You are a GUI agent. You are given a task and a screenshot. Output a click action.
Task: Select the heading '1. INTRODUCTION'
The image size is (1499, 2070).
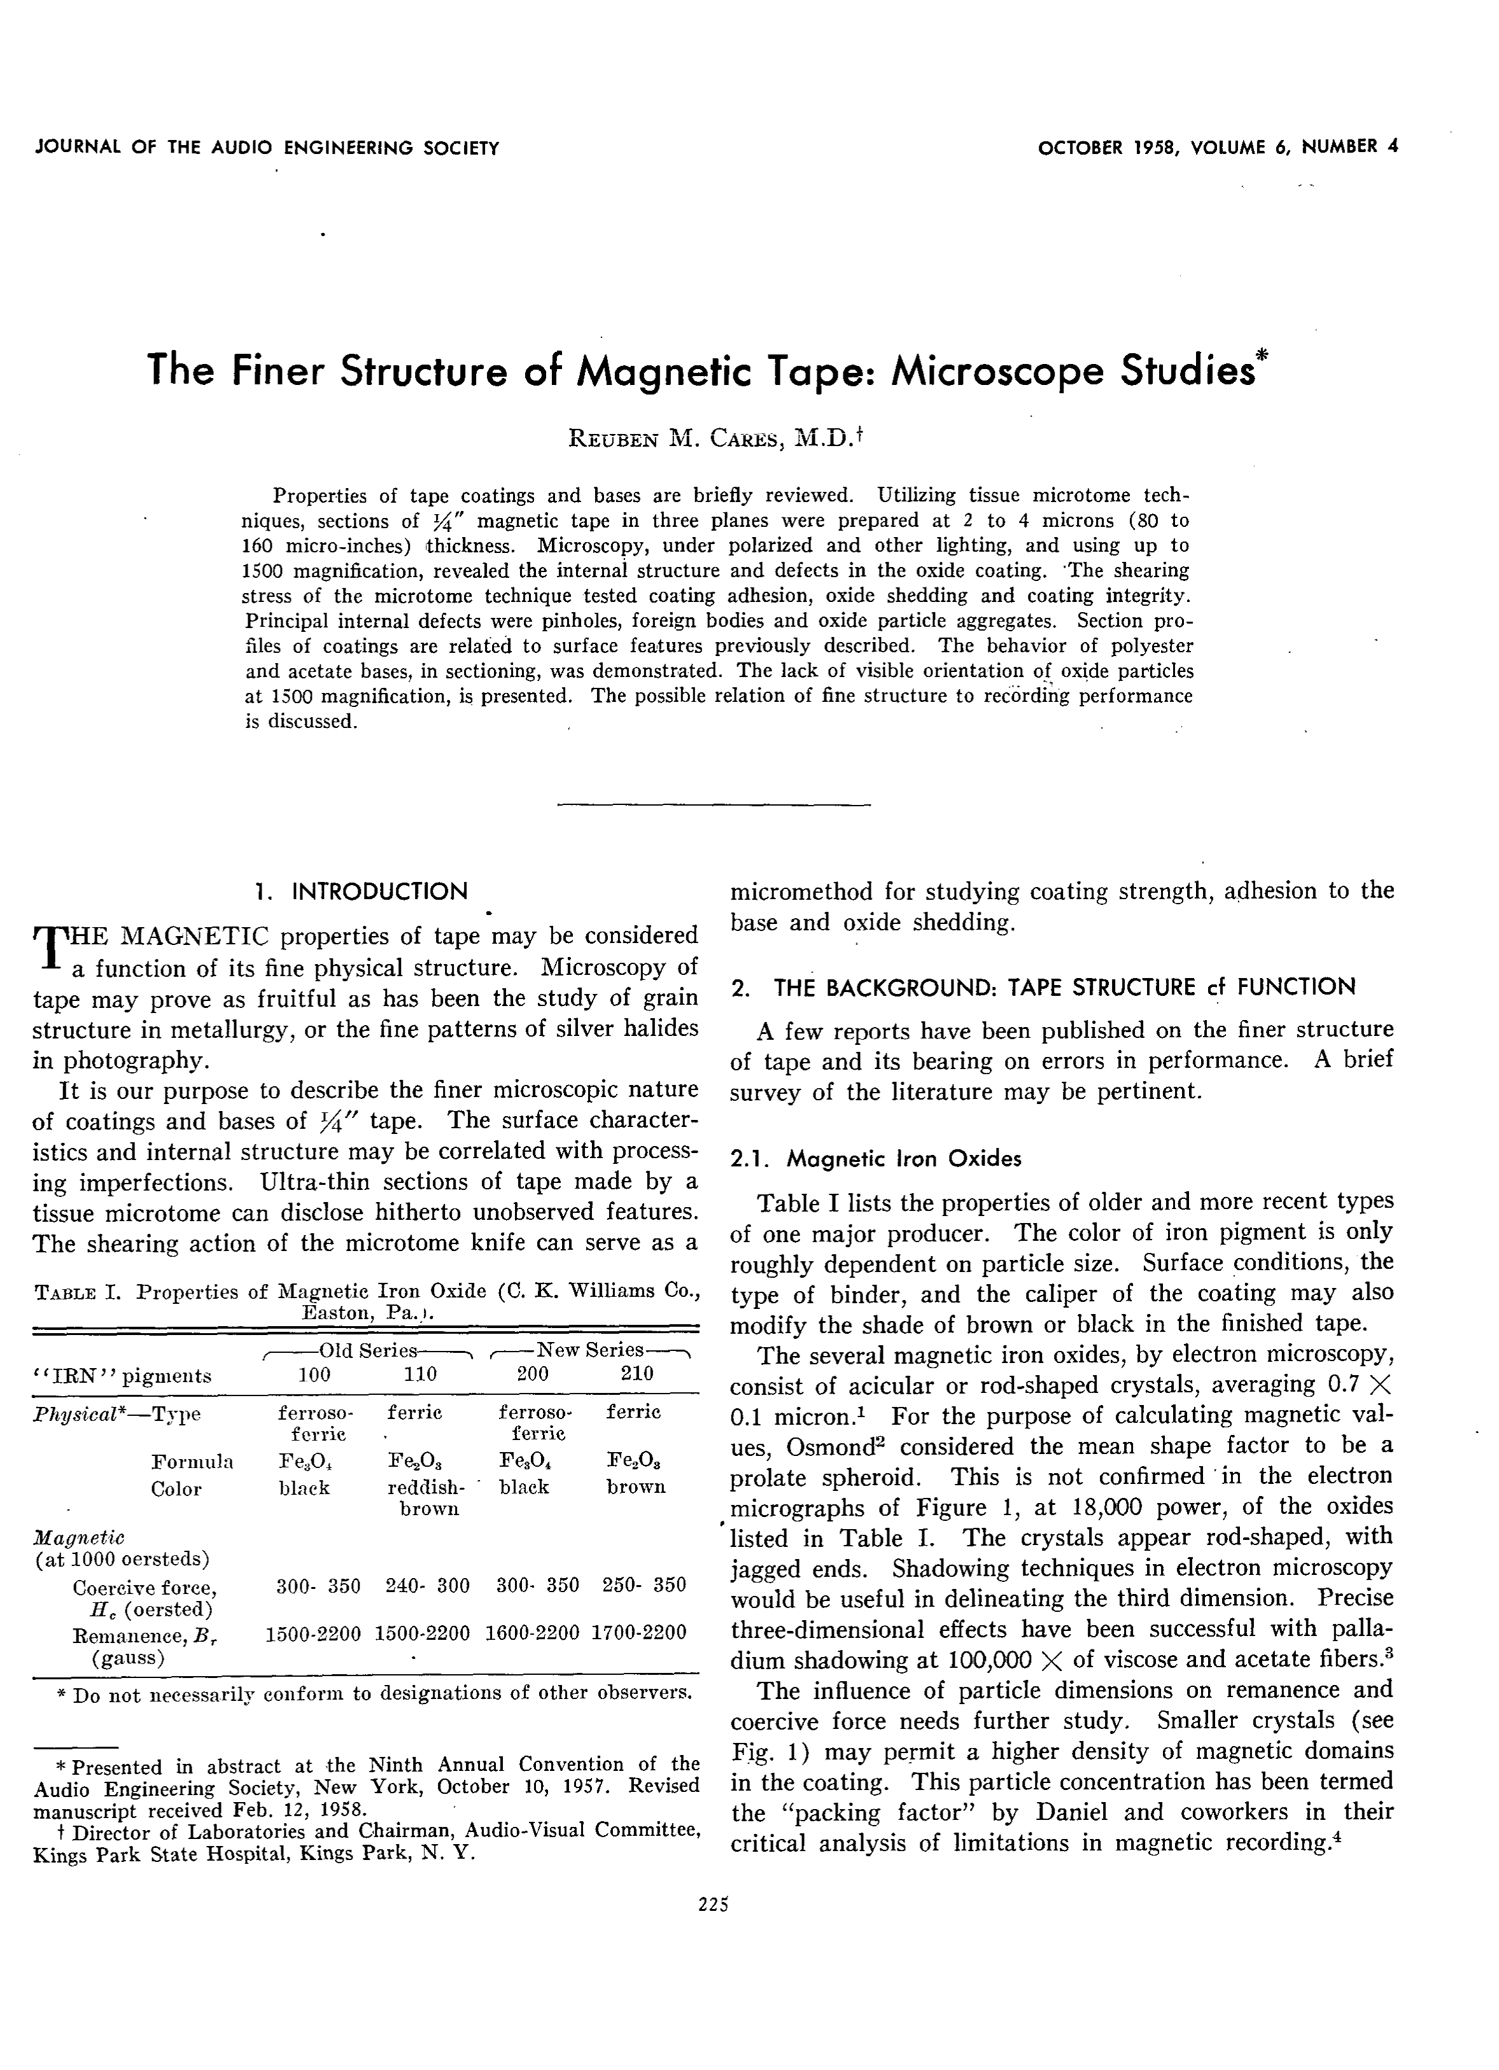coord(362,891)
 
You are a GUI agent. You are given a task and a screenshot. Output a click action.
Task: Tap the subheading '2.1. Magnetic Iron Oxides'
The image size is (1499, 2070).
coord(875,1159)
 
